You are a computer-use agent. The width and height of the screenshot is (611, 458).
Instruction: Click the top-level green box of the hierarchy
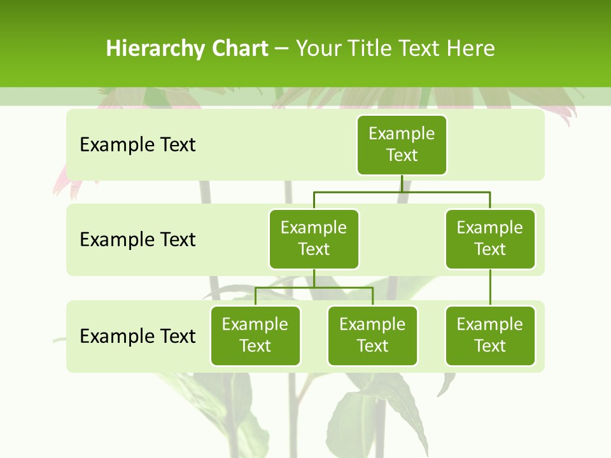pos(402,144)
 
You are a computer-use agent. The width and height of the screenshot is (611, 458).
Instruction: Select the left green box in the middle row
pos(314,239)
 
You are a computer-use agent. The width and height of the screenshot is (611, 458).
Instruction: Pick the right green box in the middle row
pos(490,239)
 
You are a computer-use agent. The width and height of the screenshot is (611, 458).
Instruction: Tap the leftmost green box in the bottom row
pos(255,335)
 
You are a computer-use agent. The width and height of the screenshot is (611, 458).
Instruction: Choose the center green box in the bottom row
pos(372,335)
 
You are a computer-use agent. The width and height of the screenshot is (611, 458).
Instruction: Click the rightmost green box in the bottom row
pos(490,335)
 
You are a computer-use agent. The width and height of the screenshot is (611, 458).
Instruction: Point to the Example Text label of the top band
pos(137,145)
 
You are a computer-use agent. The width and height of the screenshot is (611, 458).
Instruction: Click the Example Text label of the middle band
pos(137,240)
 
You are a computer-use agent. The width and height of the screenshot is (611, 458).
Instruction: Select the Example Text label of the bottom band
pos(137,336)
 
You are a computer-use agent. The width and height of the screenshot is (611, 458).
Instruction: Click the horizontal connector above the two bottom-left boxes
pos(314,288)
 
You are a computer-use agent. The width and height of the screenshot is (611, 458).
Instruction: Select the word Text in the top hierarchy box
pos(402,155)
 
